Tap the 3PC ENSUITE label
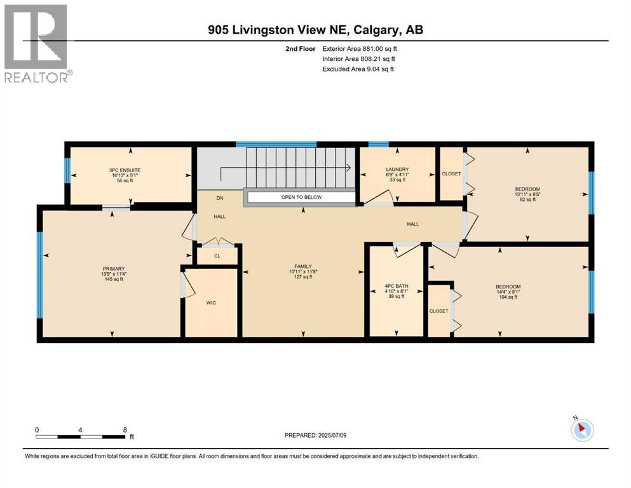pos(124,170)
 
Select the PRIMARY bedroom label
pos(113,268)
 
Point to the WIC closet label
pos(212,302)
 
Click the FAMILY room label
pos(302,266)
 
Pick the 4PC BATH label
pos(397,287)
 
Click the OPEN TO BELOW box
pos(301,197)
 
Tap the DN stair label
pos(220,197)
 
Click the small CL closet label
pos(217,256)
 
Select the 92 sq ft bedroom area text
pos(527,200)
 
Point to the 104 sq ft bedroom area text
pos(508,297)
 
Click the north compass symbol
pos(582,430)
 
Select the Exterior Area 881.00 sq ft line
pos(363,48)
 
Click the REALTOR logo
pos(37,43)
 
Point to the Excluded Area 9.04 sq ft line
pos(358,69)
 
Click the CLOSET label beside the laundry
pos(451,173)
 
